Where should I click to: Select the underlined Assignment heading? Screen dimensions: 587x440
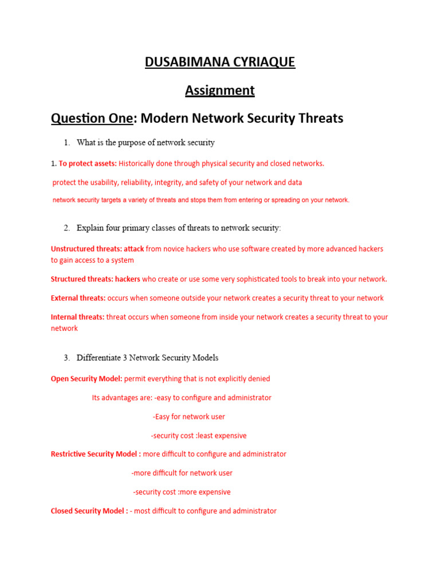(220, 90)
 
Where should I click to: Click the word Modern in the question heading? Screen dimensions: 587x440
(163, 118)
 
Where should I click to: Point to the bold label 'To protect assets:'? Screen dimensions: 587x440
(88, 163)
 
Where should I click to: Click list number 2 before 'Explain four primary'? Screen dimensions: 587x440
(66, 228)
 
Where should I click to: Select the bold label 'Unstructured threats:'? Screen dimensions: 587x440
(86, 249)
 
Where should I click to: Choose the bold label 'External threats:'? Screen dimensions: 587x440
(78, 298)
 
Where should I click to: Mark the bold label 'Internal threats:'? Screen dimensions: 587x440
(77, 317)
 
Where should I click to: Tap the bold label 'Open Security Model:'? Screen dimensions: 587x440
(87, 379)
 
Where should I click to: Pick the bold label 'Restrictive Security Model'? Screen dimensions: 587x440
(95, 454)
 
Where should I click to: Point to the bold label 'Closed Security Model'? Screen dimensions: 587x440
(89, 511)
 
